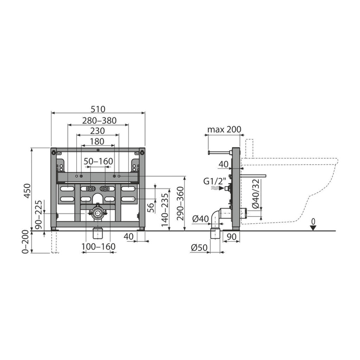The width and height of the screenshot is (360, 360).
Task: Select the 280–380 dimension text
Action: pos(99,121)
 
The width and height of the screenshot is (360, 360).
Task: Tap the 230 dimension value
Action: pos(98,131)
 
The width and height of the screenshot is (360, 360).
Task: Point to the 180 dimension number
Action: pos(97,141)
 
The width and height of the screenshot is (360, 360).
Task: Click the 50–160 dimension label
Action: pos(98,161)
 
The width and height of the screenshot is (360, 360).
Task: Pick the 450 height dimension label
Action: pos(27,191)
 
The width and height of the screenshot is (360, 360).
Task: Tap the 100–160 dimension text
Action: pos(99,246)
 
